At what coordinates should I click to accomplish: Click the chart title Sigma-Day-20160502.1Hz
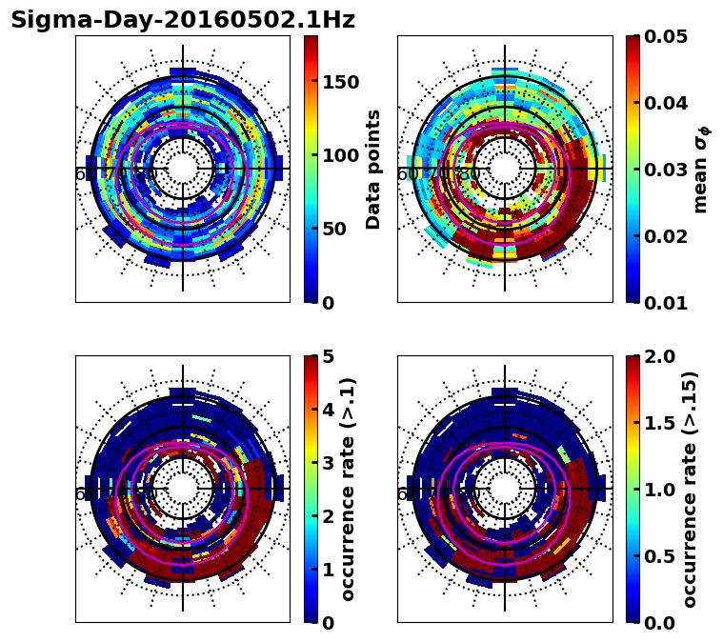(x=183, y=21)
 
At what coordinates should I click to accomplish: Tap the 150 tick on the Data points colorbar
(x=340, y=82)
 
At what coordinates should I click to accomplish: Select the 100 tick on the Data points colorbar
(x=340, y=155)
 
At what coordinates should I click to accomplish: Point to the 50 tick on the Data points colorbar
(x=333, y=229)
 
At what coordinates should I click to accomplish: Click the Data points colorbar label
(x=373, y=170)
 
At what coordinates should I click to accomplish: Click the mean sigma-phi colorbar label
(x=701, y=170)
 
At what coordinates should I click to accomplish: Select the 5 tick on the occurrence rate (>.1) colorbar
(x=328, y=357)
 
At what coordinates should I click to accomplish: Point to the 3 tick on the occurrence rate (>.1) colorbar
(x=328, y=463)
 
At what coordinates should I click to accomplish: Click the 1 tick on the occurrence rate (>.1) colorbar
(x=328, y=570)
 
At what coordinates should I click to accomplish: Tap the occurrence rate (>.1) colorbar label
(x=349, y=490)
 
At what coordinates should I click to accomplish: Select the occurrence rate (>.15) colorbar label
(x=690, y=490)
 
